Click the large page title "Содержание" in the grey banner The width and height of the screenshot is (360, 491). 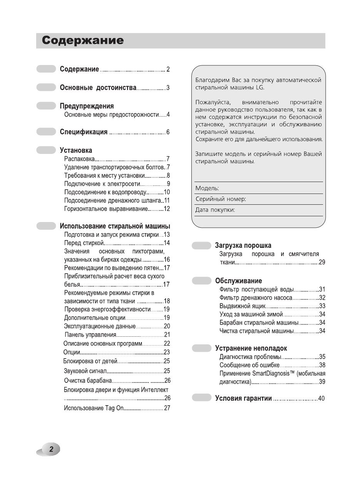tap(83, 41)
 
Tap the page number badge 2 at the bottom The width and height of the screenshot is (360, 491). tap(50, 449)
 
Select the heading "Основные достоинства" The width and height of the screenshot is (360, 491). tap(98, 88)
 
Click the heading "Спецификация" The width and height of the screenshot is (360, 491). tap(84, 132)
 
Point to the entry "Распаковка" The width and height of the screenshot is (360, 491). tap(79, 159)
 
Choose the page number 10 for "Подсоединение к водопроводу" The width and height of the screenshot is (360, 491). tap(167, 192)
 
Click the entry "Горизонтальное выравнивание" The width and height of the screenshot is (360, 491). tap(106, 209)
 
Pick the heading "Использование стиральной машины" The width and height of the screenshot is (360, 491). tap(115, 226)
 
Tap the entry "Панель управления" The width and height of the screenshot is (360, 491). tap(90, 335)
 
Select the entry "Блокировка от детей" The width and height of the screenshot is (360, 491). tap(90, 361)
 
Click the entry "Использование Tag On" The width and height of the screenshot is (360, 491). tap(94, 408)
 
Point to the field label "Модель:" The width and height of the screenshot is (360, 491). tap(207, 188)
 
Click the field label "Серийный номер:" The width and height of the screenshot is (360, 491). tap(221, 199)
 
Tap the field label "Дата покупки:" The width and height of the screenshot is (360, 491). tap(215, 210)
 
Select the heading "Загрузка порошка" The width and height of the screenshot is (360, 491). tap(243, 245)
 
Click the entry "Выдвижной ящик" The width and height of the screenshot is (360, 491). tap(243, 306)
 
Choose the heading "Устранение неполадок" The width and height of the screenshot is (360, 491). tap(251, 348)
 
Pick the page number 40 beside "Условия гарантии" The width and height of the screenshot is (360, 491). tap(321, 398)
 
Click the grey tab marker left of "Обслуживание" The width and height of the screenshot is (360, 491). tap(201, 281)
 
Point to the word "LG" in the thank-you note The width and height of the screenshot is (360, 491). tap(260, 87)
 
